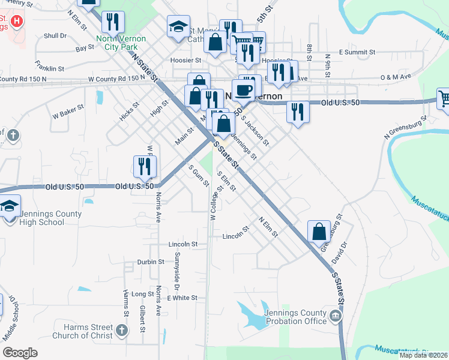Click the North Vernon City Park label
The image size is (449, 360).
point(121,42)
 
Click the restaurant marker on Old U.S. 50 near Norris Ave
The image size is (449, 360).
point(143,166)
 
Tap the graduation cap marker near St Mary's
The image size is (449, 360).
point(177,26)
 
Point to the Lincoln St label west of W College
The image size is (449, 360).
point(183,244)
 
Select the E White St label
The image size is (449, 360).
point(182,298)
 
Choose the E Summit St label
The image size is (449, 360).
point(357,53)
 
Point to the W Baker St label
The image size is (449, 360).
point(67,111)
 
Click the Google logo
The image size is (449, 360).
point(20,353)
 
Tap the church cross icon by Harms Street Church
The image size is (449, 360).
point(122,329)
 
